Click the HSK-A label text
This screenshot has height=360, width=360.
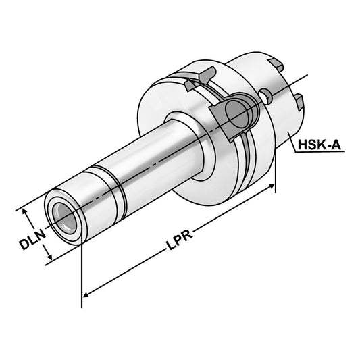tap(318, 146)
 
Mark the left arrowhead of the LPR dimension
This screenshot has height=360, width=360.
tap(86, 294)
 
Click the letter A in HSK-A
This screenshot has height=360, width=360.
tap(338, 146)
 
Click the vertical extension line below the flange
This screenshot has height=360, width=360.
tap(276, 172)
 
